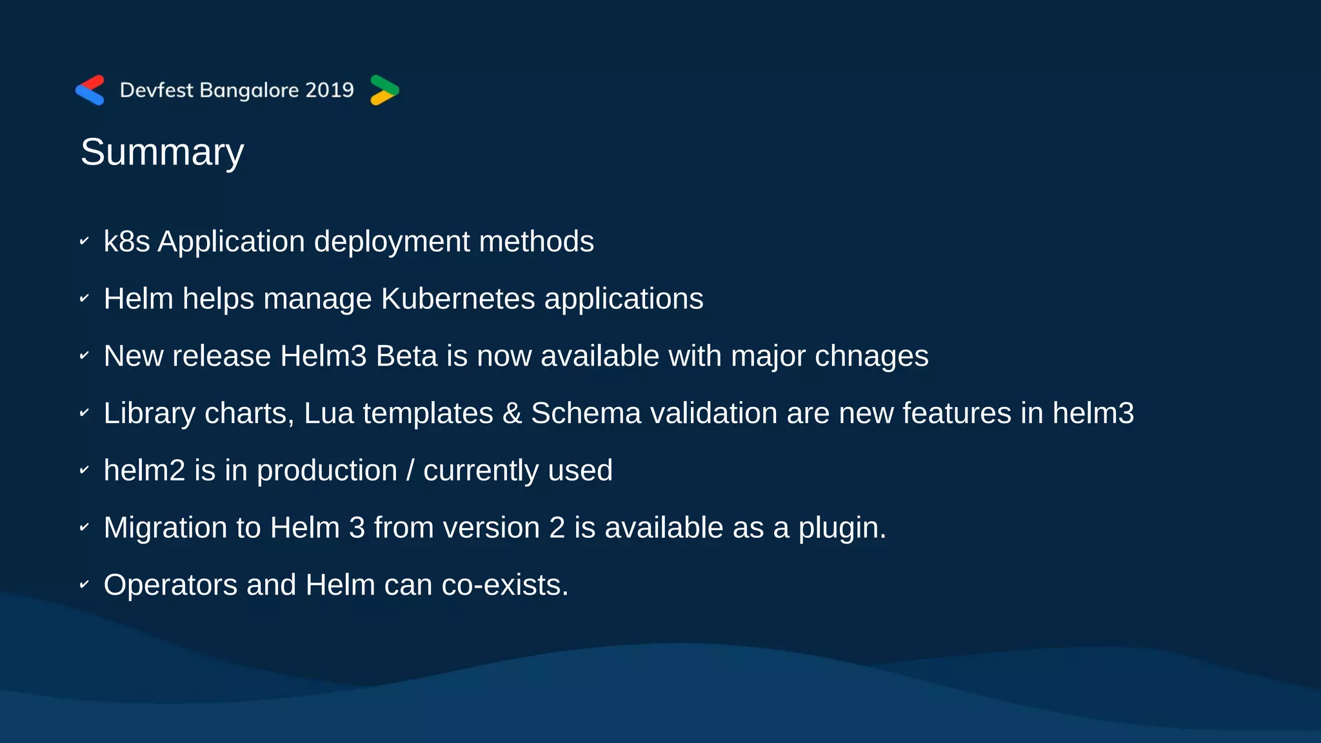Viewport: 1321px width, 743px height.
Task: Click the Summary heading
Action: [x=162, y=153]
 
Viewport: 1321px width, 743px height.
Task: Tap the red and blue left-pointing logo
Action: [x=90, y=90]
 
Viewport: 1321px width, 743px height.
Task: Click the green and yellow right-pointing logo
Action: [x=384, y=90]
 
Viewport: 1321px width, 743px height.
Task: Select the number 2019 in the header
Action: [x=330, y=90]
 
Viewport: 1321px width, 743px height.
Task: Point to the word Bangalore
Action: [x=250, y=90]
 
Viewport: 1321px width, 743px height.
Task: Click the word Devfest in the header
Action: [x=156, y=90]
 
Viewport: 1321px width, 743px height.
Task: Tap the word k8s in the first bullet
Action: [x=126, y=242]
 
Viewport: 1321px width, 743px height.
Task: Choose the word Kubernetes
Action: [x=458, y=299]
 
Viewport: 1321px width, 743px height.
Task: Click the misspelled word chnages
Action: [x=871, y=357]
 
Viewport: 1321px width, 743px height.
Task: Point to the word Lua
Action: [x=328, y=413]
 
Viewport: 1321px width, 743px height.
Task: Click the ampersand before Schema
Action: [x=512, y=413]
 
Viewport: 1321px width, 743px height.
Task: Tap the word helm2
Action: [x=144, y=471]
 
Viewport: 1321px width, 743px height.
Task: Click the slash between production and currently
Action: [x=410, y=471]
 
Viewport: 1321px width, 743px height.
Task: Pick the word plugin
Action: [x=842, y=528]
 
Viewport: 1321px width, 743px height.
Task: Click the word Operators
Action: [x=170, y=586]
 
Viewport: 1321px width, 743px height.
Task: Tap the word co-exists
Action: [x=504, y=586]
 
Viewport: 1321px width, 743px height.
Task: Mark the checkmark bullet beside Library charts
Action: [x=84, y=413]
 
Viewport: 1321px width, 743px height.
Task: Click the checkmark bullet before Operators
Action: [x=84, y=585]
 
